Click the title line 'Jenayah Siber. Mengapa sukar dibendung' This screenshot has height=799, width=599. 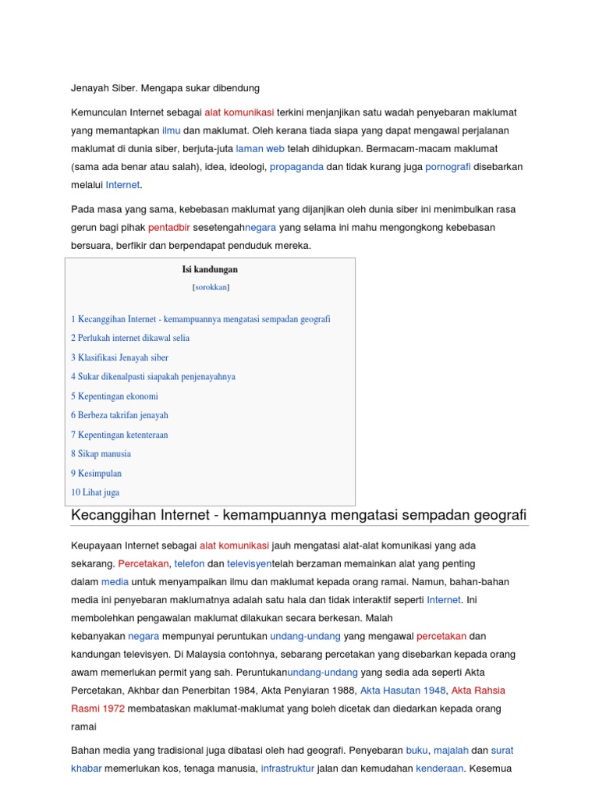point(165,87)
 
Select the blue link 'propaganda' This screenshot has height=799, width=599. point(296,167)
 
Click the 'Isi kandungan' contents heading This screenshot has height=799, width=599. point(210,269)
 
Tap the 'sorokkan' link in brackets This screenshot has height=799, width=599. point(211,287)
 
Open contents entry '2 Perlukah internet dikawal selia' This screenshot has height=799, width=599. point(130,338)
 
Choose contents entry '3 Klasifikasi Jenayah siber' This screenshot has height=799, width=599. point(119,357)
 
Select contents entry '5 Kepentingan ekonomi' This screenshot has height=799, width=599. point(115,396)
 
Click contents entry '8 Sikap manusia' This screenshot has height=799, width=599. point(101,453)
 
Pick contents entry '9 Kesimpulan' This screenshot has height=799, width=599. point(97,473)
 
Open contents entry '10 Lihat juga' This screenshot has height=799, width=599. point(95,492)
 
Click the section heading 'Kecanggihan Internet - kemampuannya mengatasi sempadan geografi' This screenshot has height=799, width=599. point(299,515)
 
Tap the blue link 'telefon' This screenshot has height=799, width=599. point(189,563)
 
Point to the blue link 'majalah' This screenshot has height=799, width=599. point(451,750)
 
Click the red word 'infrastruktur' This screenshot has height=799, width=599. point(288,768)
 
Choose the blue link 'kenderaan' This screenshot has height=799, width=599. point(440,768)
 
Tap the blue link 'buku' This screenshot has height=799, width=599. point(416,750)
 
